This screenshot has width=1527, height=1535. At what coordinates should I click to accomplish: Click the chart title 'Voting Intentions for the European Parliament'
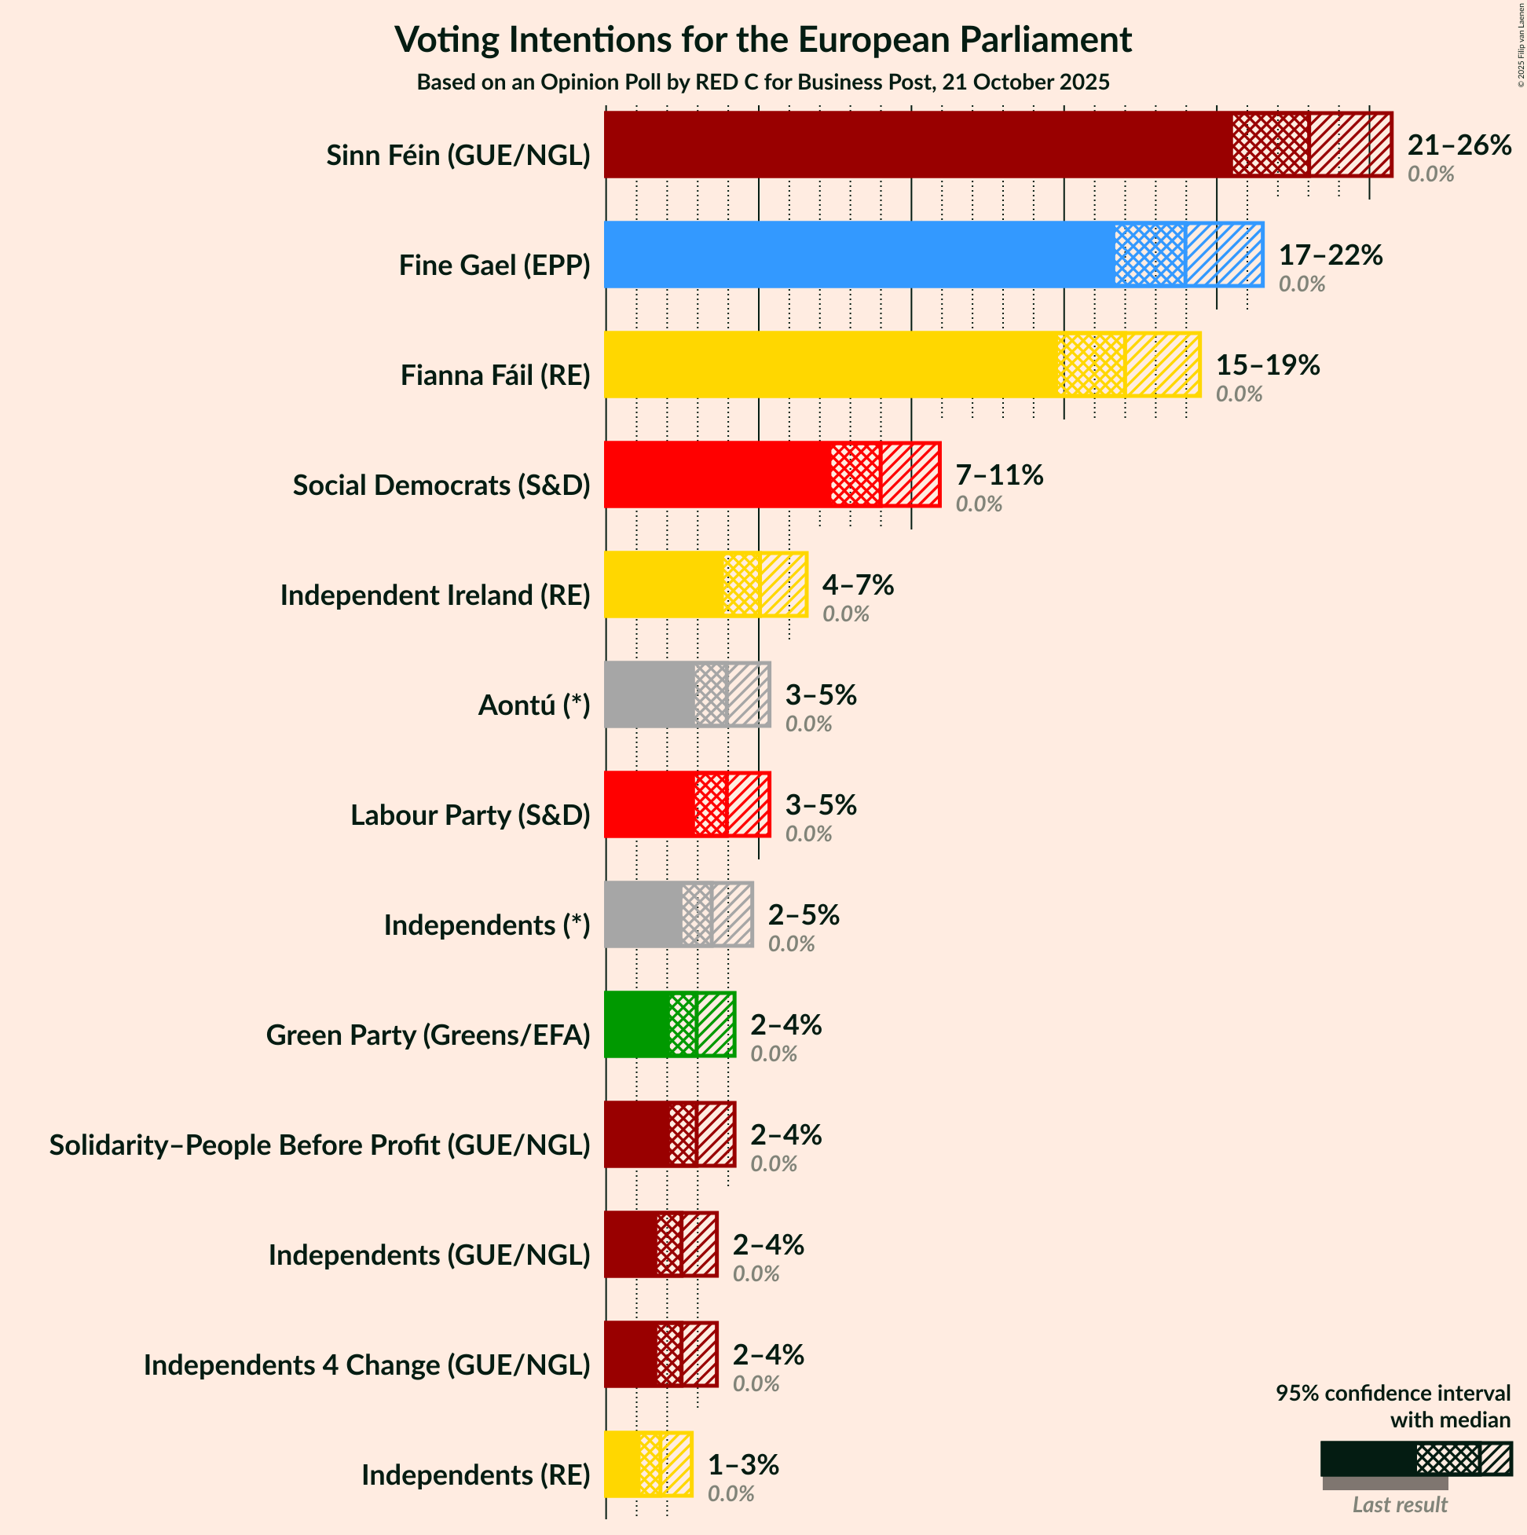click(763, 40)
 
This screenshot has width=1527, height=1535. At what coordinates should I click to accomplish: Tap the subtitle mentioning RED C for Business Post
click(763, 82)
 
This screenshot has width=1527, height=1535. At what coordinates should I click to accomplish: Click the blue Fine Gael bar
click(858, 255)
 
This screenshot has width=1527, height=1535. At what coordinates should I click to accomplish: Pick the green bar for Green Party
click(635, 1025)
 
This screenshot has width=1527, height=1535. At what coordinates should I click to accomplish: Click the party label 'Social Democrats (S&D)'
click(441, 485)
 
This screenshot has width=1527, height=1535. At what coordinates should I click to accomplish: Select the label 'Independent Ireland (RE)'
click(434, 595)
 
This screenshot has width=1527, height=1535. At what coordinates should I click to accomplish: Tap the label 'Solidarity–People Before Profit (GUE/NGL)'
click(320, 1145)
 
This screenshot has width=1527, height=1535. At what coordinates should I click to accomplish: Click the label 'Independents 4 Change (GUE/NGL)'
click(366, 1365)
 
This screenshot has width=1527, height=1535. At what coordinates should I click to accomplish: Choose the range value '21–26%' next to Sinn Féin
click(1459, 145)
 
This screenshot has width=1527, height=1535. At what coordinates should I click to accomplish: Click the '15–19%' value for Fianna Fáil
click(1267, 365)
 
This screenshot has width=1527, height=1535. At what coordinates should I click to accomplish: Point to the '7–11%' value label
click(998, 475)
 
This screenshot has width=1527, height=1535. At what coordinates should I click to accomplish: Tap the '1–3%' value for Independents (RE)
click(743, 1464)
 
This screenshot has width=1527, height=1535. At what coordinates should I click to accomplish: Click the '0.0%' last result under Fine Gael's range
click(1302, 284)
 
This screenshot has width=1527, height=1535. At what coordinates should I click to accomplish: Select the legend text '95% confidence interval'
click(1392, 1393)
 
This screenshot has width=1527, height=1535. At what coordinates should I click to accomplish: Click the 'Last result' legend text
click(1400, 1505)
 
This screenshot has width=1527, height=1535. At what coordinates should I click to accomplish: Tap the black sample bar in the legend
click(1368, 1459)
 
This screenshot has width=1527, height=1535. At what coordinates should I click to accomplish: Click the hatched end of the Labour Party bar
click(749, 804)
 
